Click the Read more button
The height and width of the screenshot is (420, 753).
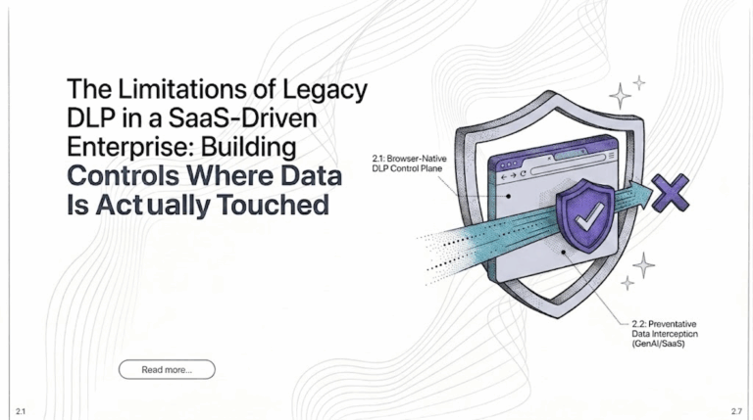coord(166,369)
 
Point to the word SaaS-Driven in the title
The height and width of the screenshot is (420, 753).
coord(245,119)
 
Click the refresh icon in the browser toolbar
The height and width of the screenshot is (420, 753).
coord(524,172)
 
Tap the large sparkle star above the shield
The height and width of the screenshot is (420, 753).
coord(622,95)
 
